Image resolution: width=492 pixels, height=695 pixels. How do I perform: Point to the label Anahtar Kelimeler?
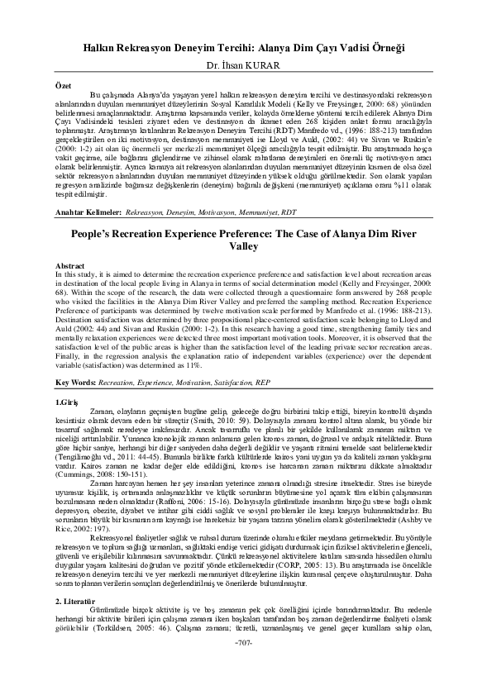click(84, 212)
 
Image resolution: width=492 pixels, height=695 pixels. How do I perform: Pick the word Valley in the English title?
click(246, 246)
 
